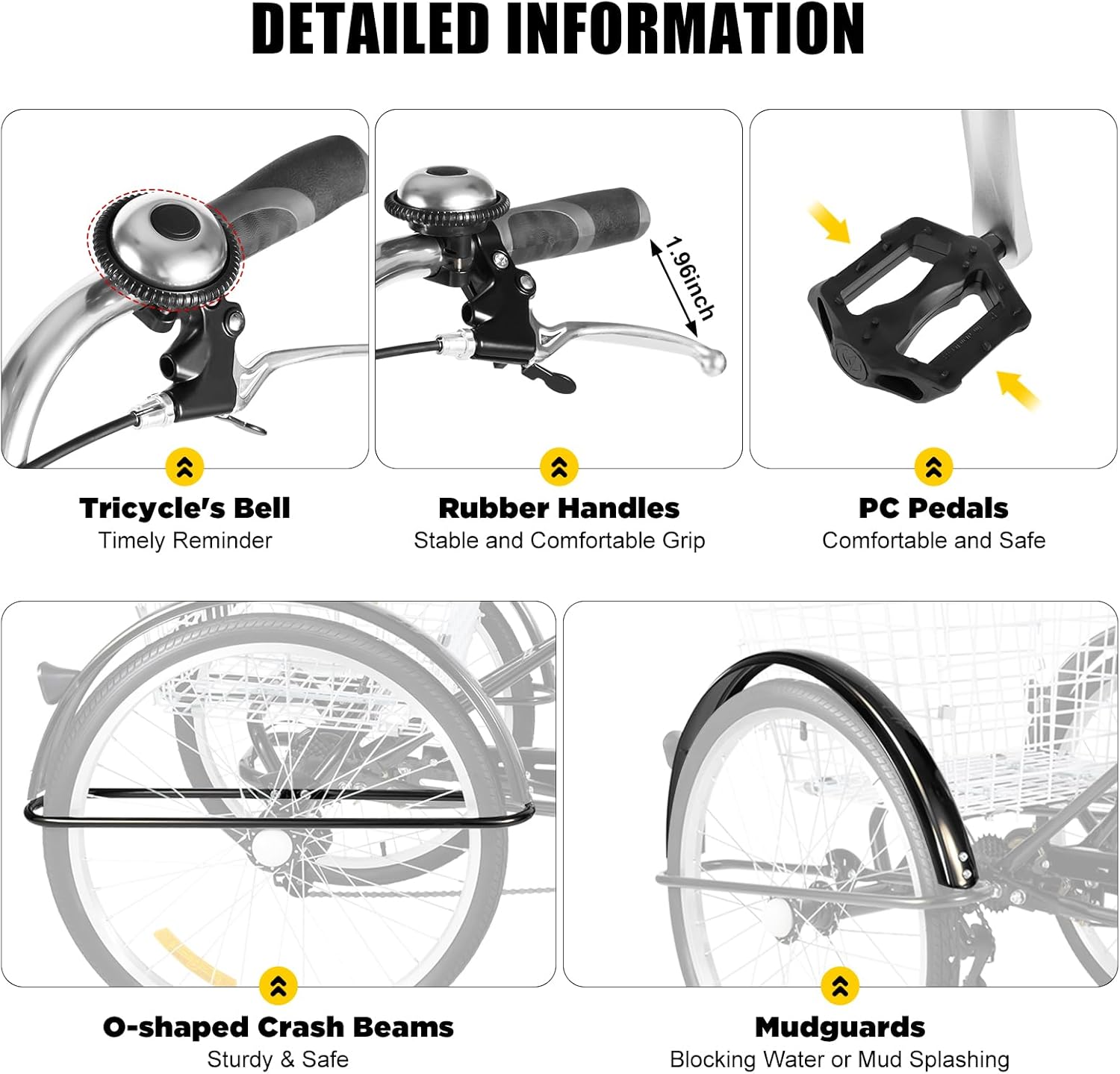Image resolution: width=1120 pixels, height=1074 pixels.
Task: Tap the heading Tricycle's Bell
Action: click(x=184, y=508)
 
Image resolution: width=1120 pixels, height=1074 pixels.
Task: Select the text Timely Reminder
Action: click(x=184, y=540)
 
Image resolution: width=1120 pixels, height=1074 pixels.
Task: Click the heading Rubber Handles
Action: click(x=559, y=508)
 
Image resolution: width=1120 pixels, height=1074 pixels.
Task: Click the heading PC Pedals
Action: click(x=933, y=508)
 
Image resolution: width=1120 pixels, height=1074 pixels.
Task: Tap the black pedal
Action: click(x=918, y=306)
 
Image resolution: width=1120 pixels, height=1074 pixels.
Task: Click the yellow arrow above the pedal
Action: click(x=830, y=223)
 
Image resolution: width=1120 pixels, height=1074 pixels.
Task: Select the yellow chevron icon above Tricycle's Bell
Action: click(x=184, y=467)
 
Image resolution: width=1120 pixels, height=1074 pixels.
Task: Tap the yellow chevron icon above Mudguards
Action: click(x=839, y=986)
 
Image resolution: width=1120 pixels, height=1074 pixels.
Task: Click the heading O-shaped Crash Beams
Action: click(x=278, y=1027)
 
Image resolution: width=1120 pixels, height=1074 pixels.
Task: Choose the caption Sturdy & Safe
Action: click(x=278, y=1059)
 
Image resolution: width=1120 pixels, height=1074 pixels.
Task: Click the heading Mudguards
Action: click(x=839, y=1027)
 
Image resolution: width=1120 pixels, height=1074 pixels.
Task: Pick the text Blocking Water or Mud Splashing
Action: click(x=839, y=1059)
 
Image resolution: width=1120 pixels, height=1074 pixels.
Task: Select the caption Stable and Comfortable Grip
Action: click(x=559, y=540)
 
